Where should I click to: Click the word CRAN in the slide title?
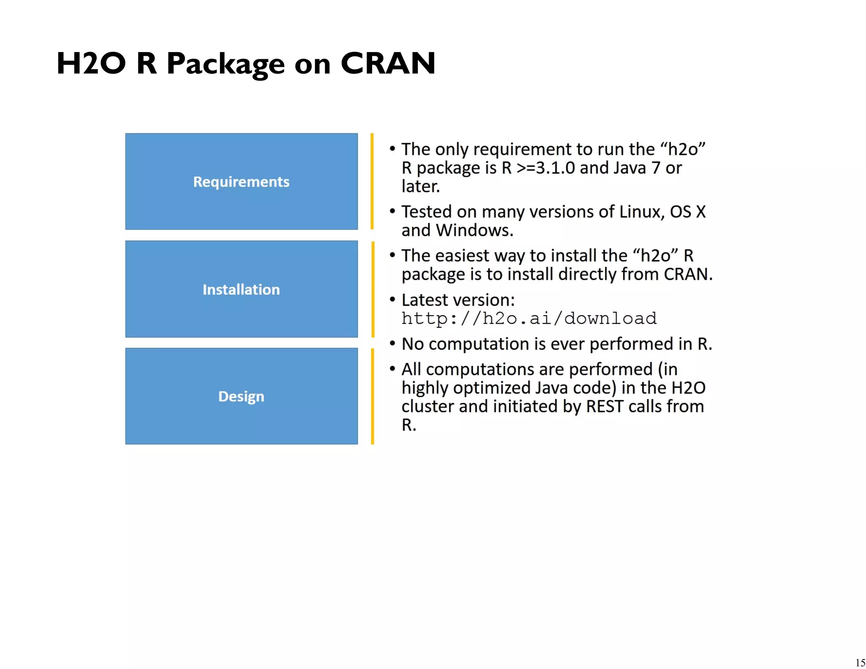(x=388, y=63)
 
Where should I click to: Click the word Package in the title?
(x=225, y=64)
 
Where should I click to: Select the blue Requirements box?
(x=241, y=181)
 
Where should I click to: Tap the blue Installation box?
(x=241, y=289)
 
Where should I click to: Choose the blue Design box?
(x=241, y=396)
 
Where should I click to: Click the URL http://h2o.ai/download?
(x=529, y=318)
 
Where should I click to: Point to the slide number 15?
(x=860, y=662)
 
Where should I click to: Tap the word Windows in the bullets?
(x=474, y=230)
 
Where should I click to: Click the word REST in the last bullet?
(x=605, y=406)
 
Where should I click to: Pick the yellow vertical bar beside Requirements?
(x=372, y=181)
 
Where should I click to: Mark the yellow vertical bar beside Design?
(x=372, y=396)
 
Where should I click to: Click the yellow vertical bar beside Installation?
(x=372, y=289)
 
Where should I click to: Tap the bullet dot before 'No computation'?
(x=392, y=343)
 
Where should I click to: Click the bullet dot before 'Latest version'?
(x=392, y=299)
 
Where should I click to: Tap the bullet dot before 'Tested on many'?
(x=392, y=211)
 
